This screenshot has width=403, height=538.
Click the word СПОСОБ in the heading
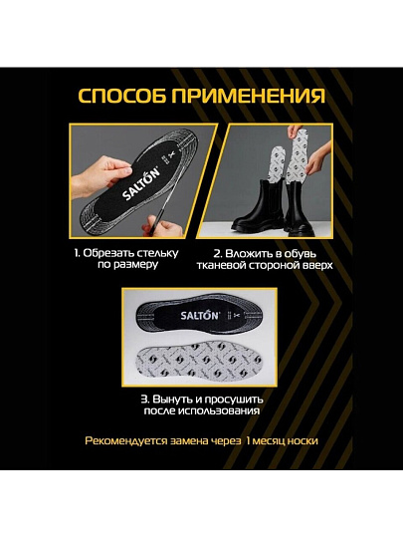[122, 96]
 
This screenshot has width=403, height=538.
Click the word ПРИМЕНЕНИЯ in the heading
[249, 96]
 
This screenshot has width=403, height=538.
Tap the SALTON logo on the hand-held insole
[141, 184]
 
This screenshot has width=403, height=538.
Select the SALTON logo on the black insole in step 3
[199, 315]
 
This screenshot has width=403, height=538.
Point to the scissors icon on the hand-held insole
[171, 154]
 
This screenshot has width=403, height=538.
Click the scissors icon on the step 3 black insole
[237, 315]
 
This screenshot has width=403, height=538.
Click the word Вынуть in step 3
[169, 400]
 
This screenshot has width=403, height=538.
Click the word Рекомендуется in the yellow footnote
[124, 441]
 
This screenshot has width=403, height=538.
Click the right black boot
[301, 208]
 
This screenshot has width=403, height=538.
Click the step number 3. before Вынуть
[145, 400]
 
